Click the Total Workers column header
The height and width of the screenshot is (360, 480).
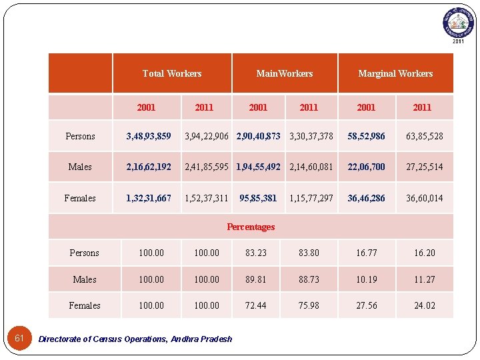pos(172,73)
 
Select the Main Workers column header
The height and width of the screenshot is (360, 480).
pos(285,73)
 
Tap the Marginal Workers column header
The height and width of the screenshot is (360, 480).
pos(395,73)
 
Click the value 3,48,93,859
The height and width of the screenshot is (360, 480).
pos(149,136)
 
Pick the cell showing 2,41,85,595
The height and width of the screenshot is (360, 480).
pos(207,167)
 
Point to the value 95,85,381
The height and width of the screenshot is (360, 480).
pos(258,198)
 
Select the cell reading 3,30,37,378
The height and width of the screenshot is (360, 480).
pos(311,136)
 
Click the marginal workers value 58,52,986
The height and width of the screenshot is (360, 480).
pos(366,136)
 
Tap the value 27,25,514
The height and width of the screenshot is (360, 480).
pos(425,167)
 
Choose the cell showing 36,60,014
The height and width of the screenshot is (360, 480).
pos(425,198)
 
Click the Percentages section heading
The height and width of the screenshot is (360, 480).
pos(251,227)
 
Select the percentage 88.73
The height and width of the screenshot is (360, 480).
pos(309,279)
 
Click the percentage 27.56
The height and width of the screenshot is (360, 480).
pos(366,305)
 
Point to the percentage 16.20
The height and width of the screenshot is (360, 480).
pos(425,253)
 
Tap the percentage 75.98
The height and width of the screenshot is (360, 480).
pos(309,305)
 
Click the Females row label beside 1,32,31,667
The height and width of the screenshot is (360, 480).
pos(80,198)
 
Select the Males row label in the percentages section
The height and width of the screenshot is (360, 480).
pos(85,279)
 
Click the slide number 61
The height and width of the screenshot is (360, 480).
pos(19,338)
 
